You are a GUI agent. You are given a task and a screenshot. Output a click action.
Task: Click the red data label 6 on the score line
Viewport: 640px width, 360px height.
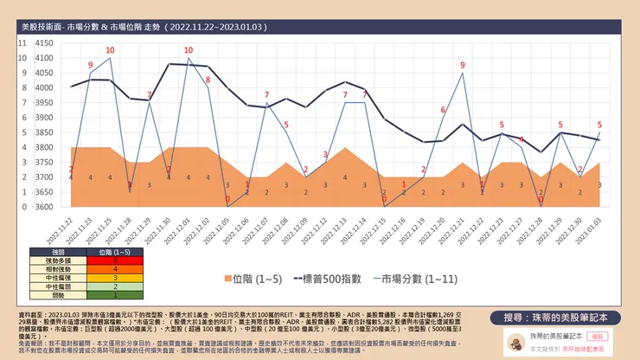tap(443, 110)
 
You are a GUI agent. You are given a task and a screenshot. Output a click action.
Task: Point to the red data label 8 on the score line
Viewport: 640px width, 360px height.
tap(208, 80)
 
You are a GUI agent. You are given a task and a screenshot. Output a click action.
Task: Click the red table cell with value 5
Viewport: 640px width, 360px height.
tap(115, 259)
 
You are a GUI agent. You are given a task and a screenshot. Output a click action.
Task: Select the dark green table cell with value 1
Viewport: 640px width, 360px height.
tap(115, 296)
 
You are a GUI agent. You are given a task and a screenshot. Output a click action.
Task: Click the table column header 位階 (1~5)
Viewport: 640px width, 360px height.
tap(115, 250)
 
